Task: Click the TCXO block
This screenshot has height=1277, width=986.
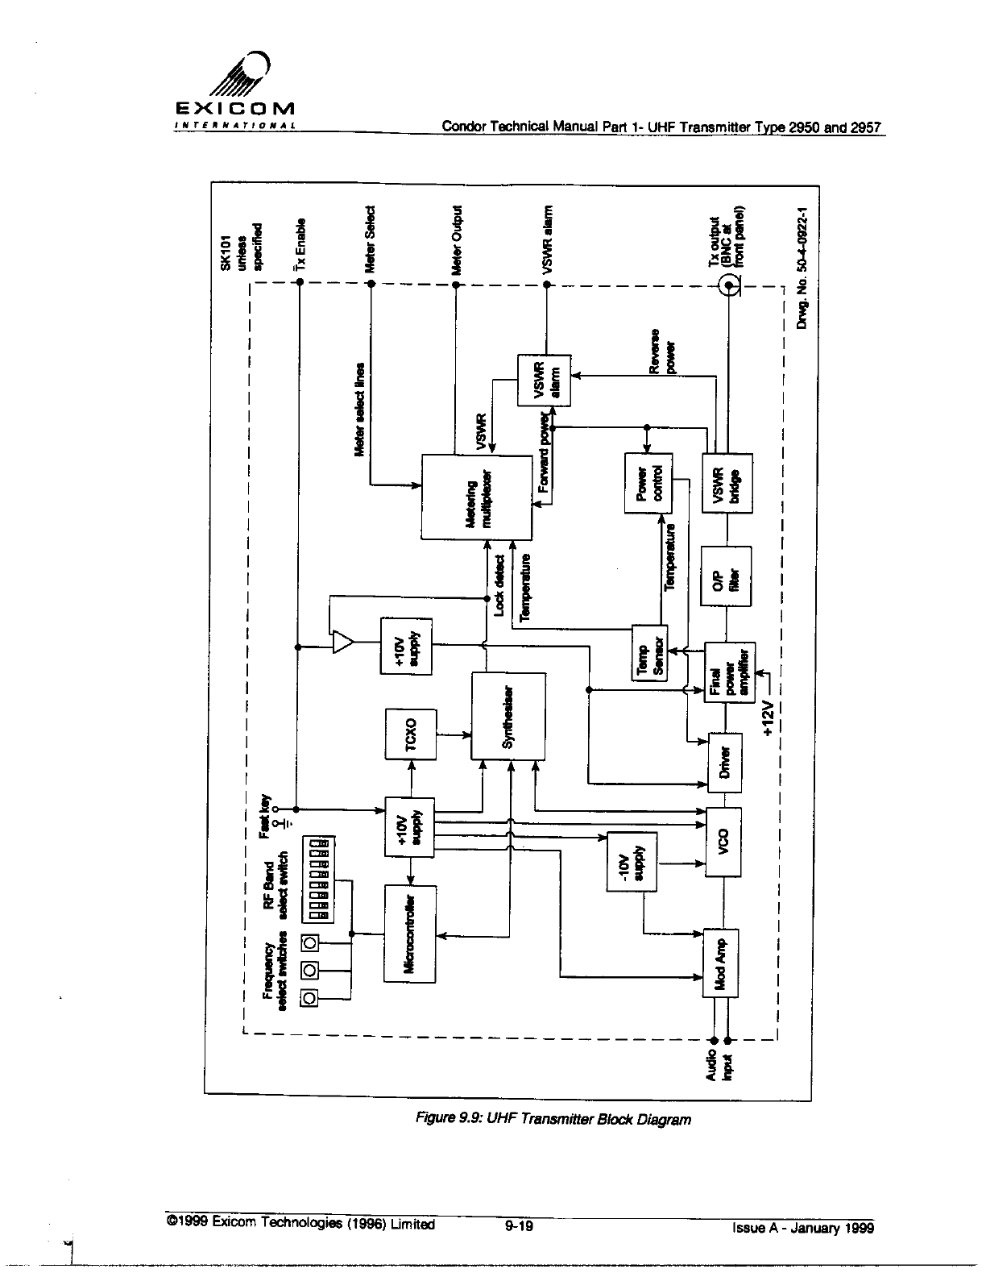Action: pos(412,734)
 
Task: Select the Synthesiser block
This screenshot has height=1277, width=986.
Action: pos(508,716)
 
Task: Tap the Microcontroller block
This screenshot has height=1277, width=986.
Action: pos(410,933)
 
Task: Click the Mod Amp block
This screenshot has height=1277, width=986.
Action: pos(721,963)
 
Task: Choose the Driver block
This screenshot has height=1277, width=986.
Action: pos(724,763)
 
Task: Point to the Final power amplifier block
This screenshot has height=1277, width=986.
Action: pos(728,672)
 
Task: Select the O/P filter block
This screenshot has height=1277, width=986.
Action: pos(727,576)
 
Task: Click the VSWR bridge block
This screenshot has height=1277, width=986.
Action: pos(727,484)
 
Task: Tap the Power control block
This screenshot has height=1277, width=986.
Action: pos(648,483)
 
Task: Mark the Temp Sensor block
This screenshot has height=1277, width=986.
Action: pos(649,653)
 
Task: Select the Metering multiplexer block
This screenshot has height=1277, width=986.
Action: pos(477,497)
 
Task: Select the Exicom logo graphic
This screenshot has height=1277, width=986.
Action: pos(235,89)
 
